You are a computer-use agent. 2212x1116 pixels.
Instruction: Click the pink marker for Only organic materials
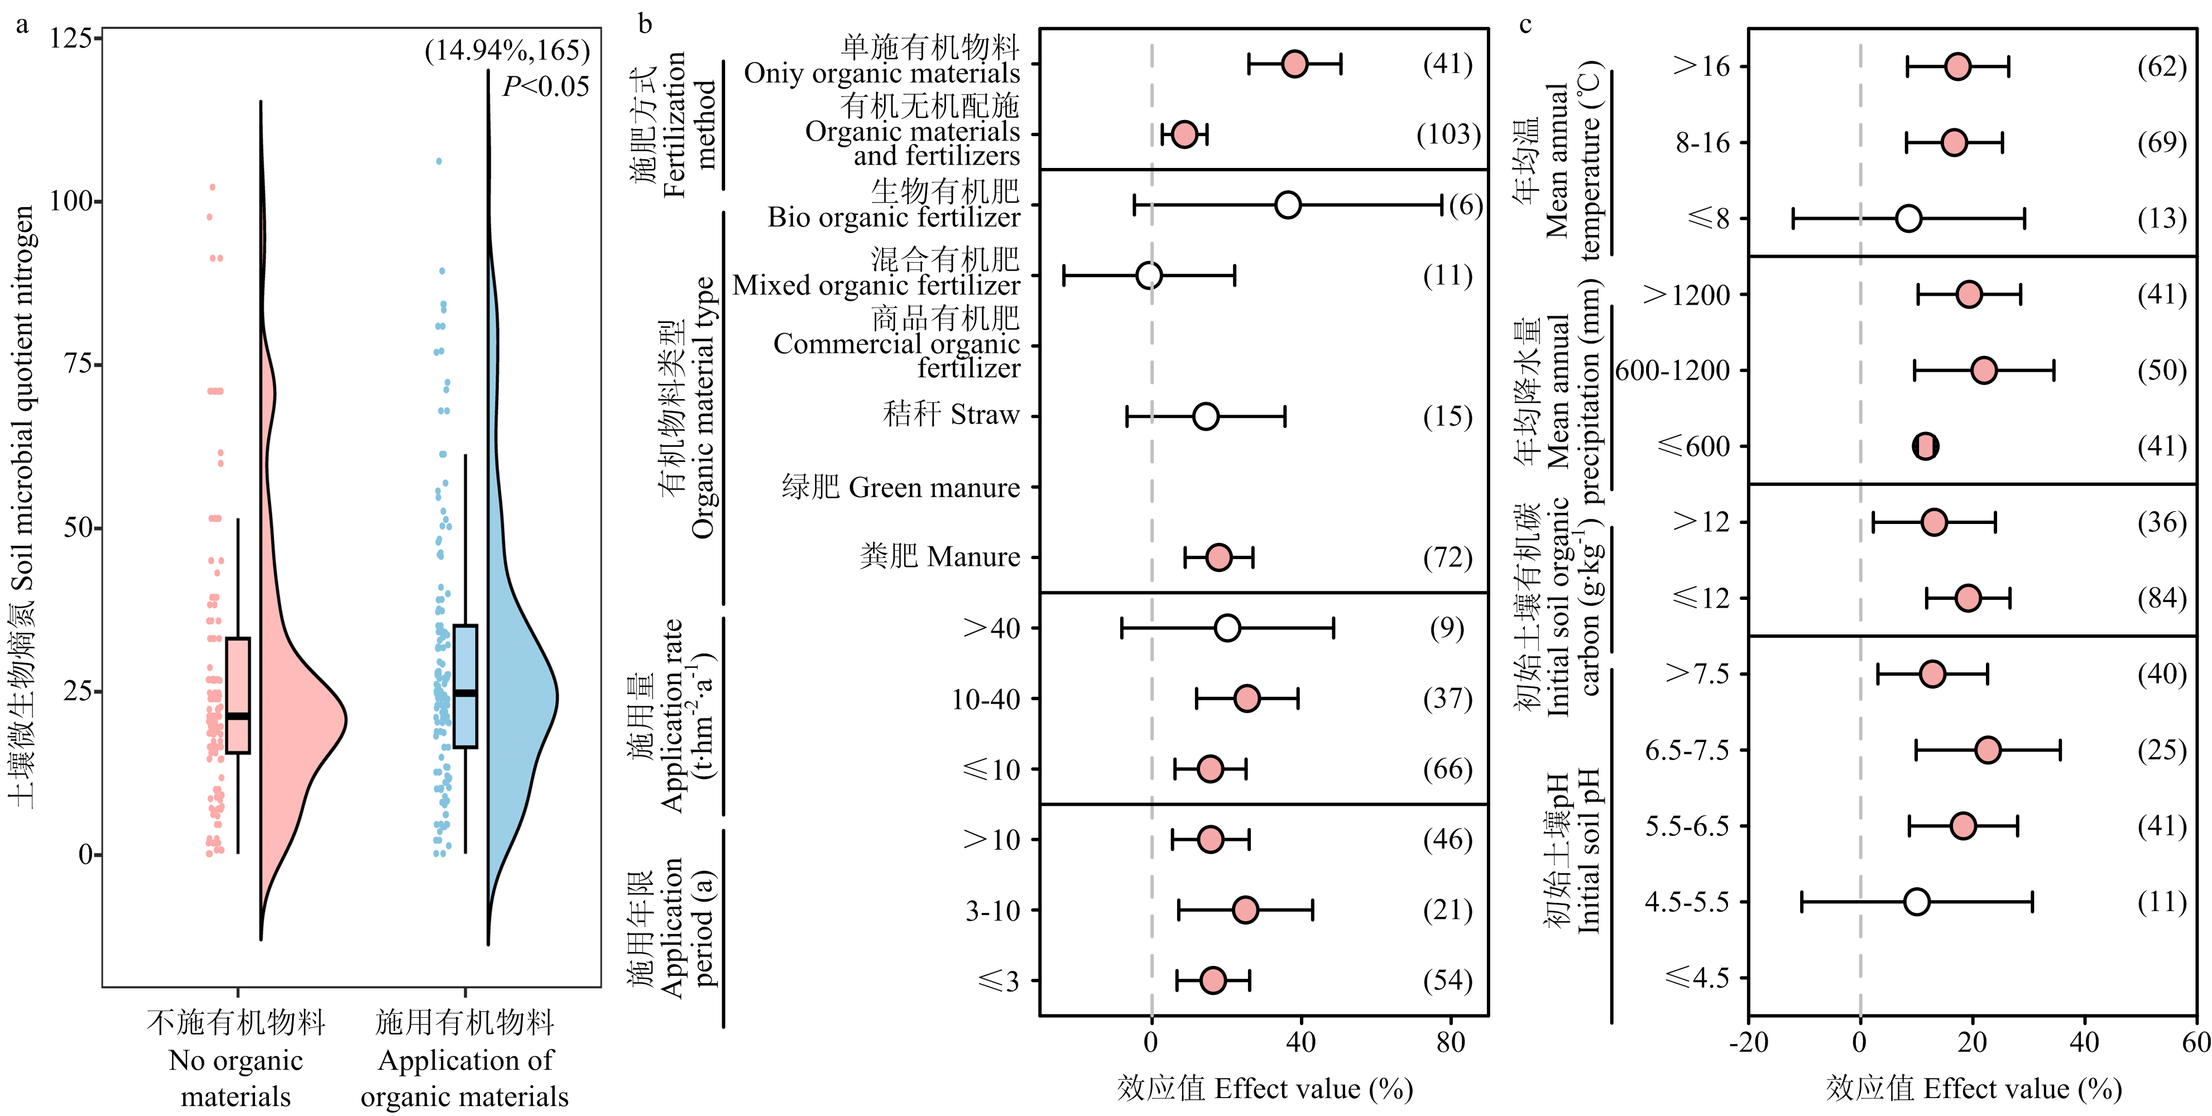(1294, 64)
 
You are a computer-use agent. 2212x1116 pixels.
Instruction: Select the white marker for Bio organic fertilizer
(1287, 205)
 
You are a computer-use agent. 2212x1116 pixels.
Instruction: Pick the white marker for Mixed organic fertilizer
(1148, 276)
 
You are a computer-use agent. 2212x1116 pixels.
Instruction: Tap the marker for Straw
(1206, 416)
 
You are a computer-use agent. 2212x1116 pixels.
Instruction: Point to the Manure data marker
(1217, 557)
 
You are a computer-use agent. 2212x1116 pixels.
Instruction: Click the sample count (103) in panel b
(1448, 135)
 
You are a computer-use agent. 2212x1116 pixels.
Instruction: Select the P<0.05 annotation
(545, 86)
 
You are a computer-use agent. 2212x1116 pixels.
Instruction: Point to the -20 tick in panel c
(1748, 1043)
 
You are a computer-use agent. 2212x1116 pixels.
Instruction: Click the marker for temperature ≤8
(1908, 218)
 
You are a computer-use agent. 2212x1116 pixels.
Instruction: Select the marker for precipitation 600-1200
(1984, 370)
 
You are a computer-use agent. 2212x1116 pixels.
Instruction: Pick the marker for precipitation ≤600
(1925, 446)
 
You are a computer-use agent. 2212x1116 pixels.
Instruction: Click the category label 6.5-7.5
(1686, 751)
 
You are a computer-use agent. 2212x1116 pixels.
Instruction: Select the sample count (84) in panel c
(2161, 598)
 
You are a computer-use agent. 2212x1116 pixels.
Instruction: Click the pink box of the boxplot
(238, 695)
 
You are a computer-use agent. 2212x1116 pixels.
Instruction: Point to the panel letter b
(645, 24)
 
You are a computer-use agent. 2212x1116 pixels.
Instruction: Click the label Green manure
(900, 488)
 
